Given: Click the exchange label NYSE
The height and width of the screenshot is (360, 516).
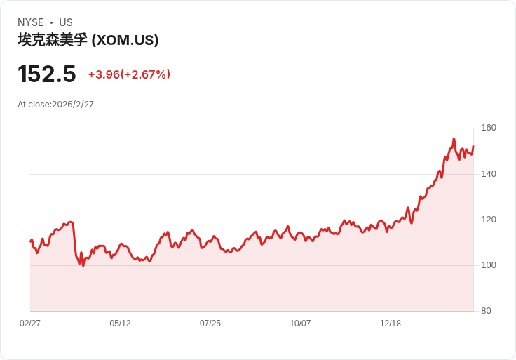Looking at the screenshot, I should (31, 22).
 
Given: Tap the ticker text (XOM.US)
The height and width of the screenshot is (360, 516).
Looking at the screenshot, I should (125, 40).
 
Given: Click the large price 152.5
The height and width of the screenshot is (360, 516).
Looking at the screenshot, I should (46, 74).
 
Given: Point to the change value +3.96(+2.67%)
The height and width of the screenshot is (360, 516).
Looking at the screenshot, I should (129, 74).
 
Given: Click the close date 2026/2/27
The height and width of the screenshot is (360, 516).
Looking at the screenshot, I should (73, 105).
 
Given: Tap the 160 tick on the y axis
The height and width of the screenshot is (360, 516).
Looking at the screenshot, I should (489, 128).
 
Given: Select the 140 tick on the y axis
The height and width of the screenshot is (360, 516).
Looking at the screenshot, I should (489, 174).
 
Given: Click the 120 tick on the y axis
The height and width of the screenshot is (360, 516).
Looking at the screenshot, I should (489, 220).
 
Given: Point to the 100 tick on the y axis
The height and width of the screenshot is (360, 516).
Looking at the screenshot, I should (489, 265).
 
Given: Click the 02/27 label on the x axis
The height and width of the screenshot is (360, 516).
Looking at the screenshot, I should (30, 324).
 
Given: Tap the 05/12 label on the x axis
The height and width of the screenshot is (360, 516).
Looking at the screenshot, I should (120, 324).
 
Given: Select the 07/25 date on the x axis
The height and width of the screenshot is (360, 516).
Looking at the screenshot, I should (210, 324).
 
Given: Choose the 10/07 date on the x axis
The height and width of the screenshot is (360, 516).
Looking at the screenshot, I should (300, 324).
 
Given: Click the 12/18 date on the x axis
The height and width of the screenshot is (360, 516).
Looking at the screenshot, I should (391, 324).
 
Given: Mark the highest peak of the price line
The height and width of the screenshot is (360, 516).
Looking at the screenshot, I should (454, 139).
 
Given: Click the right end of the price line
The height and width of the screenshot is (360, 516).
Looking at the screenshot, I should (473, 146).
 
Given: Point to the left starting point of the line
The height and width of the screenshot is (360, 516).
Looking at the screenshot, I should (30, 241).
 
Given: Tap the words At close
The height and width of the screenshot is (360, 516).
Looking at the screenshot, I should (34, 105).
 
